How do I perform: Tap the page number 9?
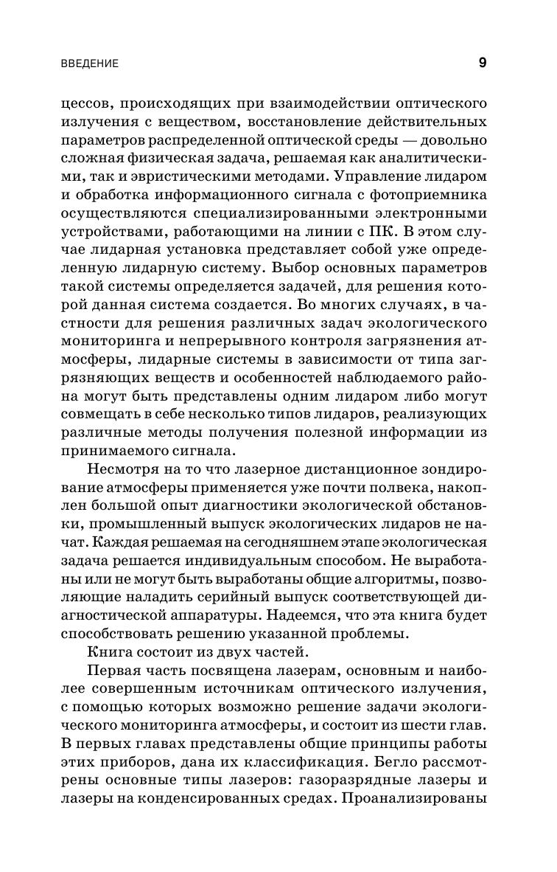coord(482,63)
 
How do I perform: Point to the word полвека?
coord(376,487)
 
